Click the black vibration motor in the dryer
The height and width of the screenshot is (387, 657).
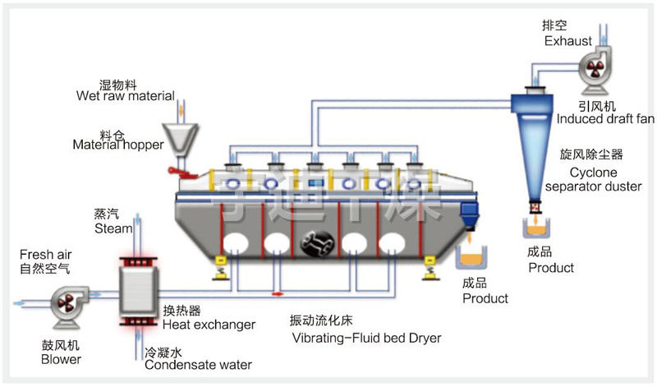[316, 242]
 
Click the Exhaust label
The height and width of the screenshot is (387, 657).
[566, 39]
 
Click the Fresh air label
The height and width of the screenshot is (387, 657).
[48, 255]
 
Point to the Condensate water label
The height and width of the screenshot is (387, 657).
[198, 364]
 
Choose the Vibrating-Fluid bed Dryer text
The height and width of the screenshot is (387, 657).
[365, 338]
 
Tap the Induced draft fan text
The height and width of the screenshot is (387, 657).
[605, 118]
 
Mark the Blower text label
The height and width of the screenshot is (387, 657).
[61, 359]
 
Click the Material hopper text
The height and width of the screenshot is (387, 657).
[118, 145]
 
